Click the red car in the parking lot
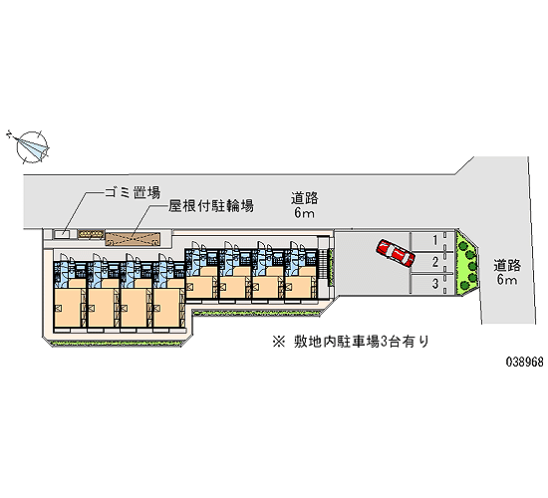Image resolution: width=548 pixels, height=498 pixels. point(396,253)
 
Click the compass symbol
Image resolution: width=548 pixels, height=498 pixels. point(31,147)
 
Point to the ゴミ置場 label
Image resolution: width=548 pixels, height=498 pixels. point(133,192)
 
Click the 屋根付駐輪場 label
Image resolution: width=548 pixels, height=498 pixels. point(211,206)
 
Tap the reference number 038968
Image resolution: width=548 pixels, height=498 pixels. point(525,362)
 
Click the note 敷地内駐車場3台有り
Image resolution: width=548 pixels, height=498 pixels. point(362,342)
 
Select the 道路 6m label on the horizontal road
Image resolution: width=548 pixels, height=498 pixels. point(304,205)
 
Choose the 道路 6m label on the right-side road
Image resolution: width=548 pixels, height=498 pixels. point(507,272)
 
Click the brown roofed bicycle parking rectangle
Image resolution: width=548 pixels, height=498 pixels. point(133,239)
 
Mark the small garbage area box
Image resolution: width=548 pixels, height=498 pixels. point(62,234)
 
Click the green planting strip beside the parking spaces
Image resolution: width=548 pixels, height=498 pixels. point(466,262)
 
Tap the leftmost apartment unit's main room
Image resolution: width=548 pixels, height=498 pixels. point(69,308)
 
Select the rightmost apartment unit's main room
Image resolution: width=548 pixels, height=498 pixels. point(300,286)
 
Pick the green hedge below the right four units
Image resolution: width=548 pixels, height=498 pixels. point(257,313)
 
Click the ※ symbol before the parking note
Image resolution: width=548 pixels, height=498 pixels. point(279,342)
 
